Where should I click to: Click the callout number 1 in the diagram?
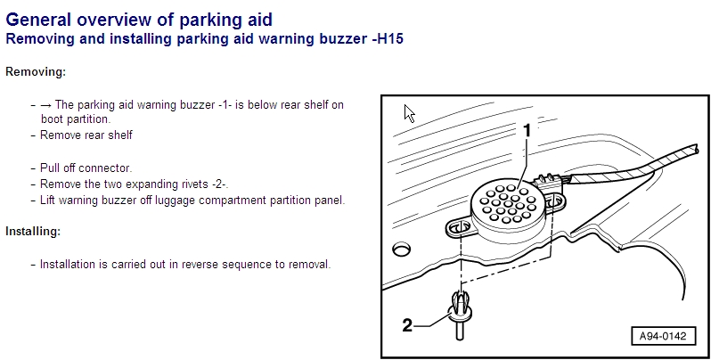527,131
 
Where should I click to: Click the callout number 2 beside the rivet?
408,325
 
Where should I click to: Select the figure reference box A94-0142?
663,337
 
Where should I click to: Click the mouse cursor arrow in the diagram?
409,113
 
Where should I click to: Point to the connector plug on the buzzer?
547,182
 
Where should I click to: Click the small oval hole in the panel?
402,249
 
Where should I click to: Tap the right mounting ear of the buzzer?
554,203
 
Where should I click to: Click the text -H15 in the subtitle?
387,39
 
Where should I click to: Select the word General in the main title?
38,20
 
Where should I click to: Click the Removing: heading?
36,71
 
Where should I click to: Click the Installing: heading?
33,231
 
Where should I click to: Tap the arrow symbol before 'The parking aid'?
45,105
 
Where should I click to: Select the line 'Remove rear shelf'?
86,135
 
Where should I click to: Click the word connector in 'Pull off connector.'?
105,168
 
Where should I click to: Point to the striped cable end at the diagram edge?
692,150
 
